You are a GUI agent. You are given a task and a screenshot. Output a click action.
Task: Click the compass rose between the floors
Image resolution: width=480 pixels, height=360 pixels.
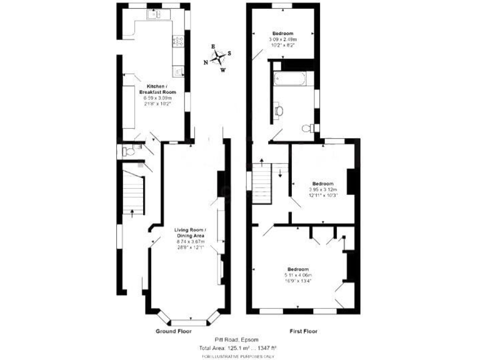coord(218,58)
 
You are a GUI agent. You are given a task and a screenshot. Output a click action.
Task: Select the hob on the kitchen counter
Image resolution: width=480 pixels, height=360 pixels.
coord(177,42)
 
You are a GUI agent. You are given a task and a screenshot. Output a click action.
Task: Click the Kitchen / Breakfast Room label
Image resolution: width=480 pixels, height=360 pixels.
coord(157,89)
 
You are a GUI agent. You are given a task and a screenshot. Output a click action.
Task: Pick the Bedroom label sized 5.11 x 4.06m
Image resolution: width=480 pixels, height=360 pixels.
coord(297,269)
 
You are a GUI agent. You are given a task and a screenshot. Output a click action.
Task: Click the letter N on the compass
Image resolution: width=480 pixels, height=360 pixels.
coord(206,62)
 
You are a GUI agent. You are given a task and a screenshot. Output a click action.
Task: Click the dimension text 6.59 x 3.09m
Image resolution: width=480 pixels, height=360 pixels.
coord(157,98)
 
